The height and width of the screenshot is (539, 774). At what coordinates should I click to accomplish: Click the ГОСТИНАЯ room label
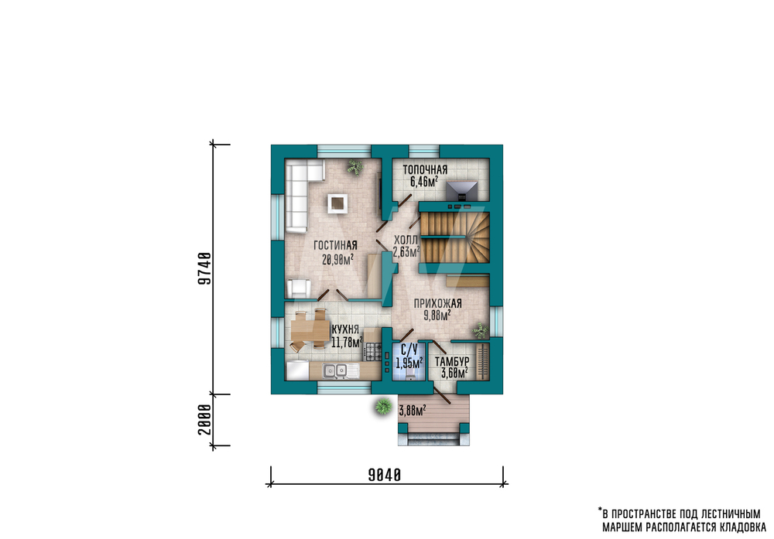pos(335,245)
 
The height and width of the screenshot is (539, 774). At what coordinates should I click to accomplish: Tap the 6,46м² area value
pos(424,182)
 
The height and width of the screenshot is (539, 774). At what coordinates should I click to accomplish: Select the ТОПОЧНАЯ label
pos(425,169)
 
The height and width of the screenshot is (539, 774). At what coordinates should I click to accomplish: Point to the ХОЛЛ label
pos(406,241)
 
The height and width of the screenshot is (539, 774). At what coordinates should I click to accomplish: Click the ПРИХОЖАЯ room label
pos(437,303)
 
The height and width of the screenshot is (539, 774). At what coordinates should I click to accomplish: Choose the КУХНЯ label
pos(345,329)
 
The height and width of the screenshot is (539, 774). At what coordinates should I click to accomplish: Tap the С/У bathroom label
pos(409,350)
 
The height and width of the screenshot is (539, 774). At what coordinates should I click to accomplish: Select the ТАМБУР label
pos(452,361)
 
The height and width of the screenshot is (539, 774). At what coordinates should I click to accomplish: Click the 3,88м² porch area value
pos(413,410)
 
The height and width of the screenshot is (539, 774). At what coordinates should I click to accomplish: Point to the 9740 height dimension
pos(204,269)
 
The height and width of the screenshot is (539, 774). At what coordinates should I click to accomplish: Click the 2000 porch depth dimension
pos(204,420)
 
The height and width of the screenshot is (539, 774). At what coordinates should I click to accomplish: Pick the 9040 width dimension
pos(385,475)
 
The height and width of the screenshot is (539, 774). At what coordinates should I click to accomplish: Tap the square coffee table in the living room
pos(337,203)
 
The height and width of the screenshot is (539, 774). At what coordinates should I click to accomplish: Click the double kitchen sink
pos(334,370)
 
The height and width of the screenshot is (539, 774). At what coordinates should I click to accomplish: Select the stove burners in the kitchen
pos(373,350)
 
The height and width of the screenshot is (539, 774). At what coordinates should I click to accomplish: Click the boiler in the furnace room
pos(462,191)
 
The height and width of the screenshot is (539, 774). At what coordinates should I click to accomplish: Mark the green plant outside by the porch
pos(382,407)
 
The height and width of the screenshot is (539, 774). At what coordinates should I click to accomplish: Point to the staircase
pos(454,237)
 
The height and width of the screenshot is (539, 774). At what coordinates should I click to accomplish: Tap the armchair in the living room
pos(299,288)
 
